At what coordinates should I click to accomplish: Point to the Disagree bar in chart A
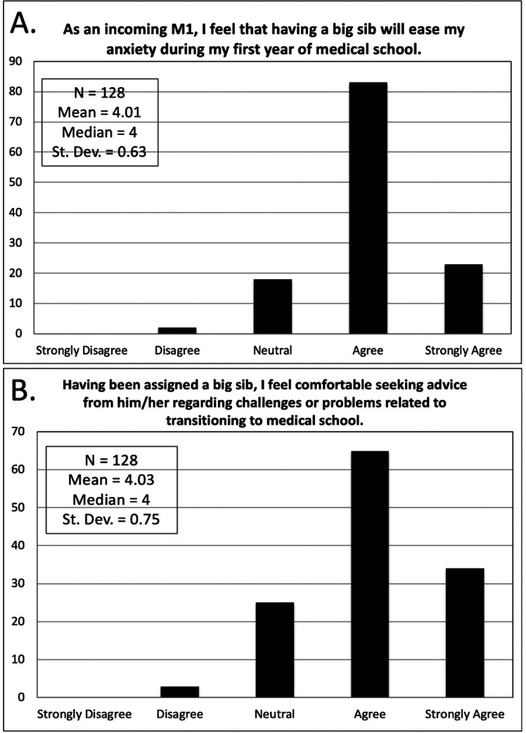[177, 330]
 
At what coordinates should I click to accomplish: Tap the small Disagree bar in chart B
[179, 692]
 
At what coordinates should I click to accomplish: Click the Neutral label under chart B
[274, 715]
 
